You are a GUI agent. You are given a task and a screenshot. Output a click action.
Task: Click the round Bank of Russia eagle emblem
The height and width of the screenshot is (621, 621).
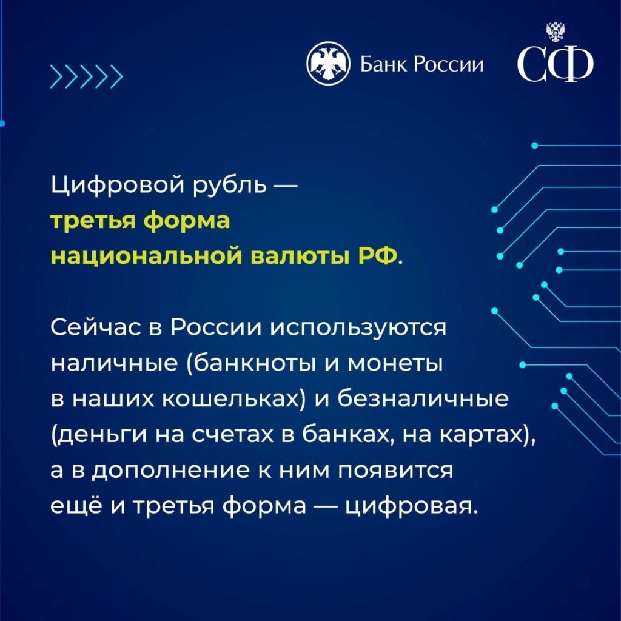328,63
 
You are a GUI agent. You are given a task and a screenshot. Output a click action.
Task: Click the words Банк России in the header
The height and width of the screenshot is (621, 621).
422,64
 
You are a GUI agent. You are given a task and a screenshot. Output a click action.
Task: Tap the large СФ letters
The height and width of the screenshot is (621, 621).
556,64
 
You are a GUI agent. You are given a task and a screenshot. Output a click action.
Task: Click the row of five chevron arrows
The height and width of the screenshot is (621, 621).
86,76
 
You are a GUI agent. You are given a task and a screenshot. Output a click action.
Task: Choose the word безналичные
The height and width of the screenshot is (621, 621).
423,399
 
